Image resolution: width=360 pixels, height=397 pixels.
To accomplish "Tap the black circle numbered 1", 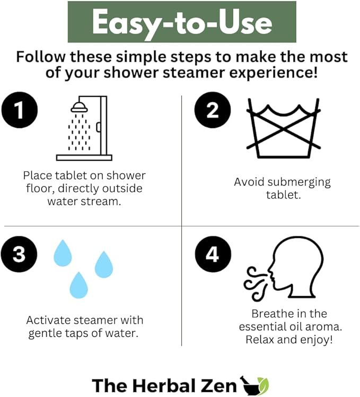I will pos(19,111).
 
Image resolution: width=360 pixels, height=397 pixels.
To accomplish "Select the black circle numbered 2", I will pos(212,111).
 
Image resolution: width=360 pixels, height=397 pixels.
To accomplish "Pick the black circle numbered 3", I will pos(19,254).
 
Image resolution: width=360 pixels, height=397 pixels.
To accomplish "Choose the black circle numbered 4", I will pos(212,254).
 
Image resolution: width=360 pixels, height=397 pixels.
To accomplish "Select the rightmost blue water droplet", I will pos(104,264).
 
